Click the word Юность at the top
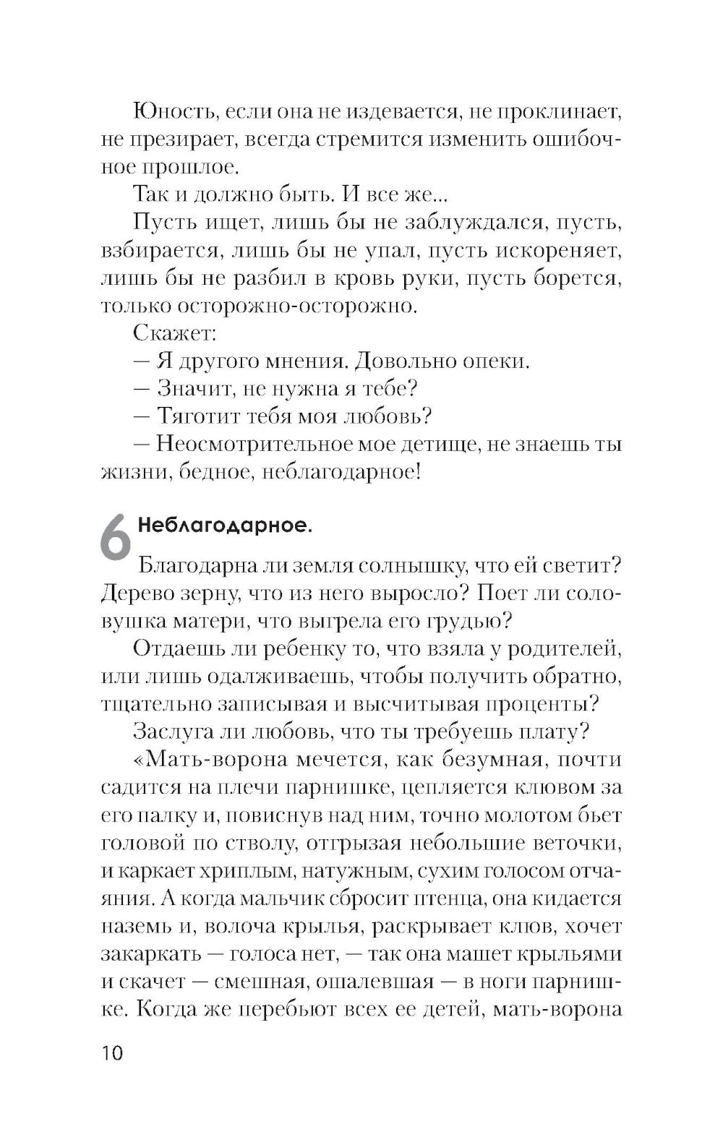click(171, 112)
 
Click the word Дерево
click(140, 592)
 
